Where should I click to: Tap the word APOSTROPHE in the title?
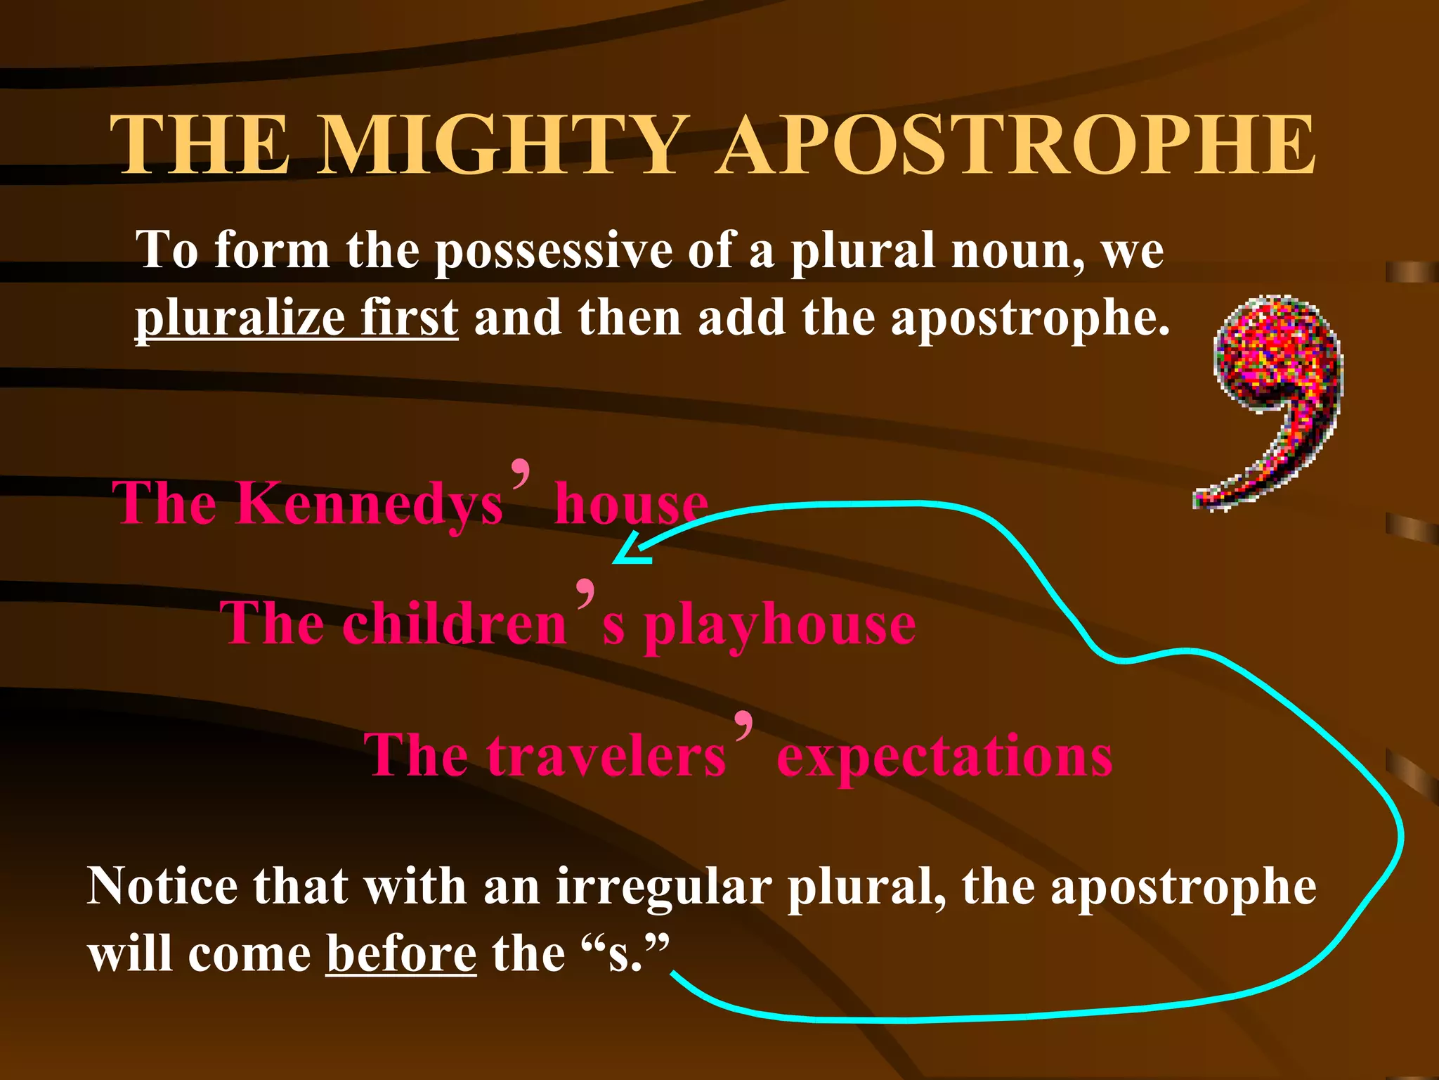[x=1017, y=146]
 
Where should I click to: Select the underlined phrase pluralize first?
[x=297, y=318]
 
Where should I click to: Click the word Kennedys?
[x=369, y=503]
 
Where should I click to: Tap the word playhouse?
[x=780, y=626]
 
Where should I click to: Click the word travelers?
[x=606, y=755]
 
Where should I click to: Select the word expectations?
[x=944, y=757]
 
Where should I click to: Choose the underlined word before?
[x=401, y=955]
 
